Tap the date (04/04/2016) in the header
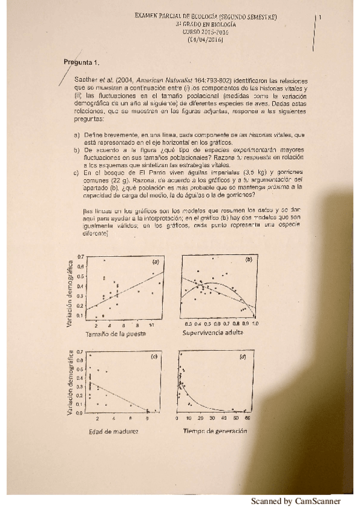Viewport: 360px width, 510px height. click(x=206, y=40)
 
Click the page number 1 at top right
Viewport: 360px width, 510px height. click(x=321, y=17)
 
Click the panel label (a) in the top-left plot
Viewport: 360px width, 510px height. click(x=155, y=262)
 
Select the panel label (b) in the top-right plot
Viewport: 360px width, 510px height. click(x=248, y=260)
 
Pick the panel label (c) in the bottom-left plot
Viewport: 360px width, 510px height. click(x=154, y=357)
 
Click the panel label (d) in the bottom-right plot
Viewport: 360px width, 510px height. click(x=243, y=357)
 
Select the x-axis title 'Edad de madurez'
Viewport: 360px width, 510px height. click(x=113, y=431)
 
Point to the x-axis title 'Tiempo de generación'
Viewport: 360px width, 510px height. click(x=215, y=431)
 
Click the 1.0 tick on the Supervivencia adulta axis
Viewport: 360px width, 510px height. click(x=255, y=324)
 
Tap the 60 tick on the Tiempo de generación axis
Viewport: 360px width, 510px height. click(x=247, y=418)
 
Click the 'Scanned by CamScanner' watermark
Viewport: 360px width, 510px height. click(x=295, y=501)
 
